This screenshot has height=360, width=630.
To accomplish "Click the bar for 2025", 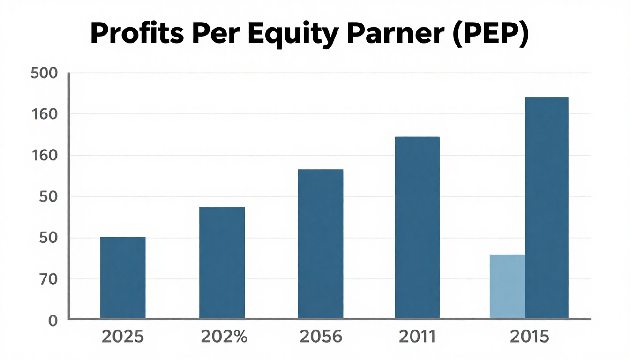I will (123, 278).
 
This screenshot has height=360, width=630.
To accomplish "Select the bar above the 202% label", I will (222, 263).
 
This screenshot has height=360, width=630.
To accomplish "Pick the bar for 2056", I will (321, 244).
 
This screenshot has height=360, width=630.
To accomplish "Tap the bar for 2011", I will (417, 228).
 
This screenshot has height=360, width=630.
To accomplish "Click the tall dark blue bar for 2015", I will (547, 208).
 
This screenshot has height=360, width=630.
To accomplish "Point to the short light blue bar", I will (507, 287).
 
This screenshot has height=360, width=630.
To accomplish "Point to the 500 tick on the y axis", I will (43, 74).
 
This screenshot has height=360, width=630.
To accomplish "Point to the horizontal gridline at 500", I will (328, 73).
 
